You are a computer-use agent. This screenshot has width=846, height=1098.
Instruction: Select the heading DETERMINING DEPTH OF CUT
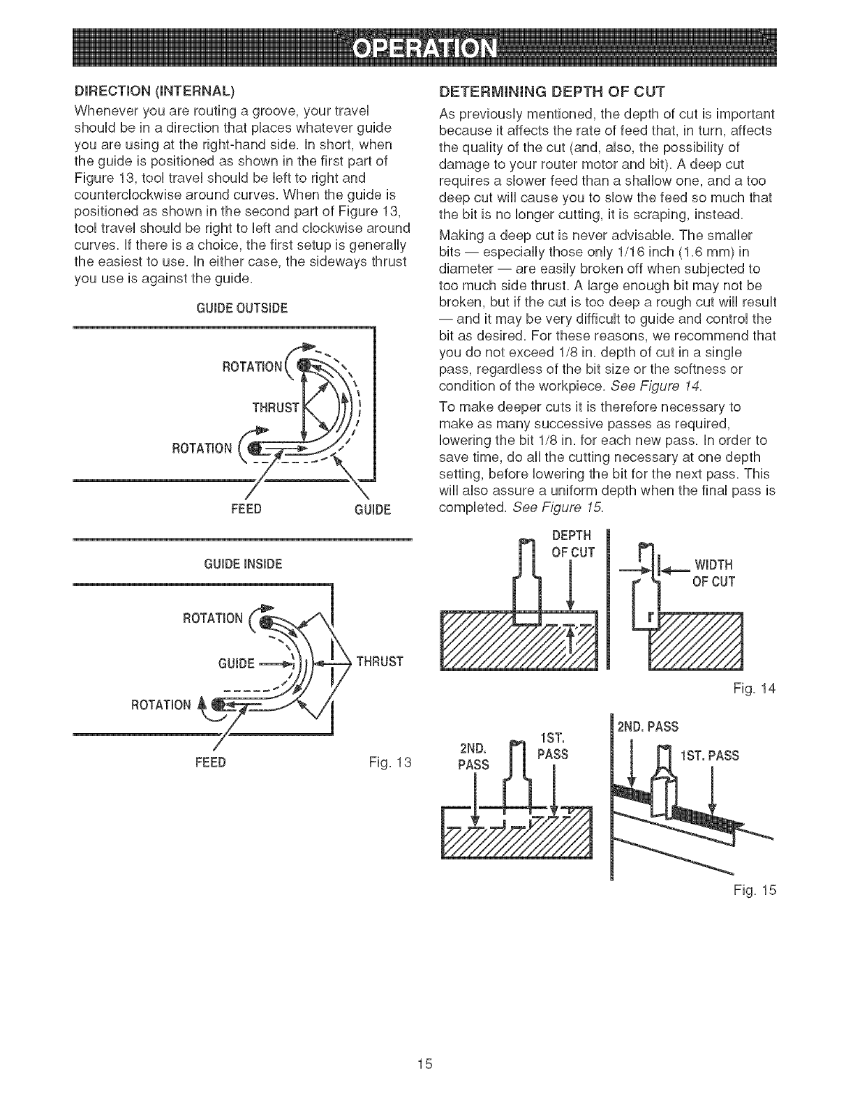(x=551, y=92)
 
